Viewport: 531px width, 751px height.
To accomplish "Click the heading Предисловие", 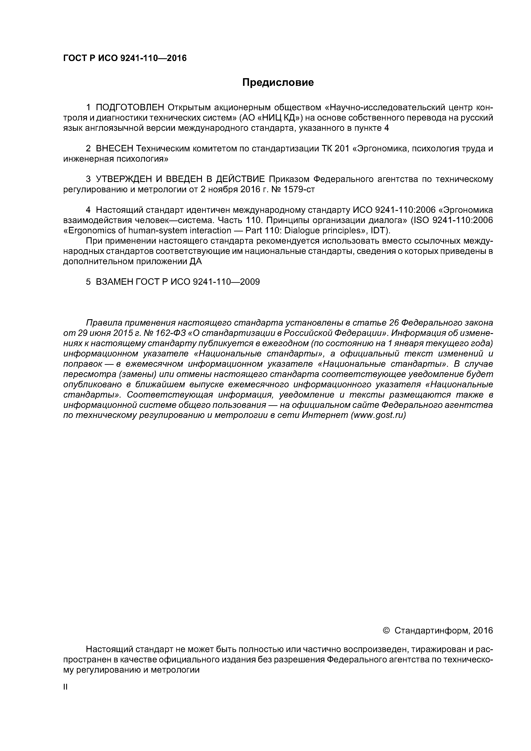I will coord(278,82).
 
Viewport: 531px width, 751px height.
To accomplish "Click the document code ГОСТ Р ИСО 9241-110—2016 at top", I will coord(125,58).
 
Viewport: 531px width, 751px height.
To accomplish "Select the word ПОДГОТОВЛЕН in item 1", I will coord(130,108).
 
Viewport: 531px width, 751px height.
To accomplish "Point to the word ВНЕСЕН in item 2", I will coord(115,149).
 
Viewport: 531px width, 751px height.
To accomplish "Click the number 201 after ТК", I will coord(343,149).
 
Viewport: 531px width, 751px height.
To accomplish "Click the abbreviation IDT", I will coord(379,231).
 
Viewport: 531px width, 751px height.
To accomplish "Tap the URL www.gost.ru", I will coord(378,415).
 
